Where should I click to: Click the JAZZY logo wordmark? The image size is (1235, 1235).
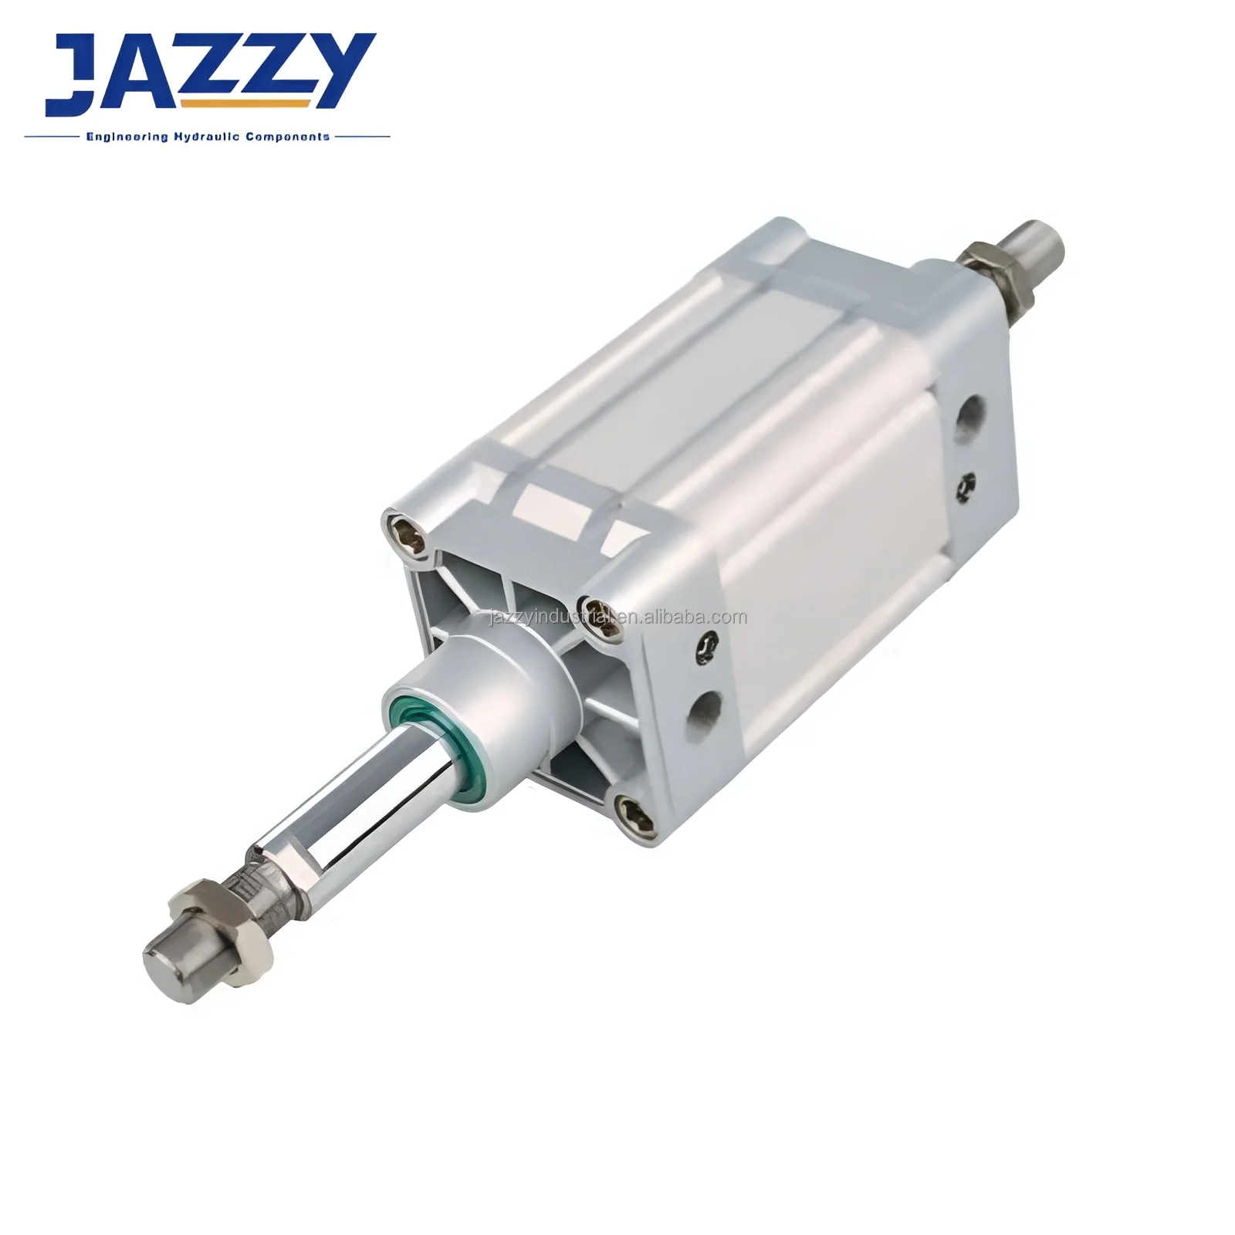coord(208,73)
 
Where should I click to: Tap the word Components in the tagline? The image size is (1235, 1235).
coord(288,137)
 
